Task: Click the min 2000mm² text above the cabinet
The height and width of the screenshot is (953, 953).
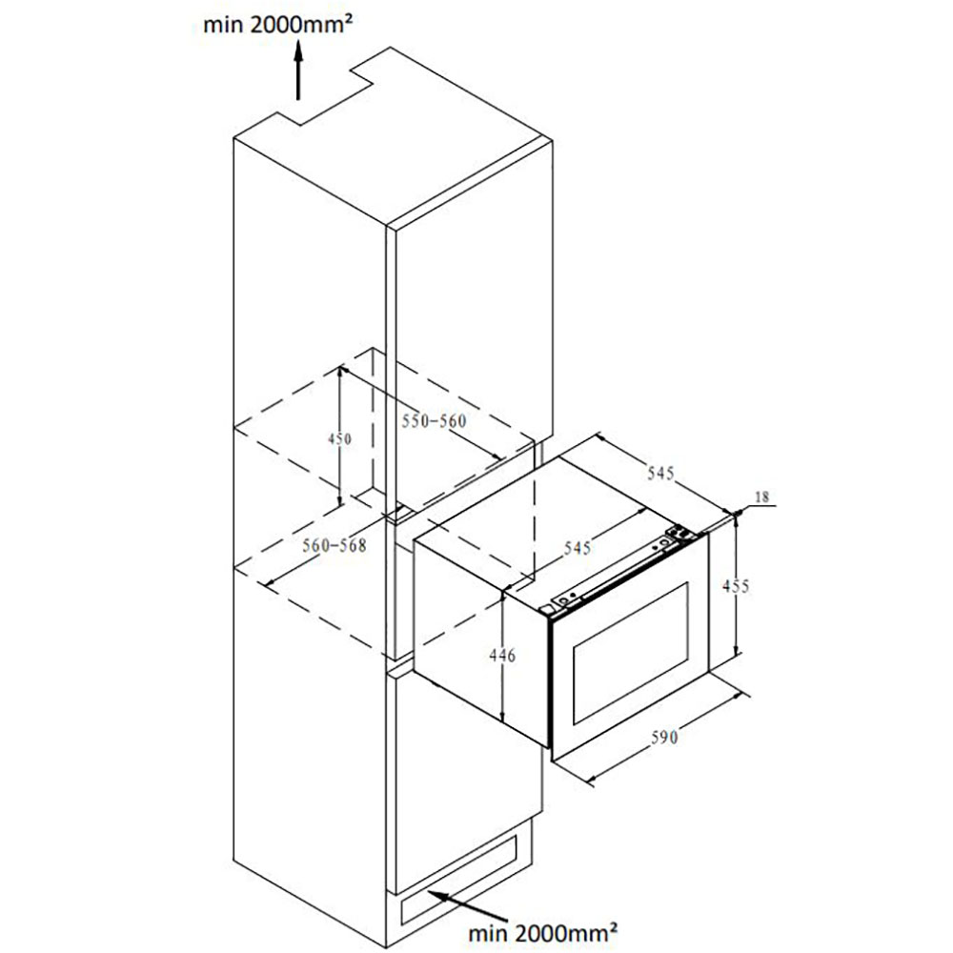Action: tap(277, 25)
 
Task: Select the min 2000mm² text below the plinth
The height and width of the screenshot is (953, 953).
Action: tap(543, 930)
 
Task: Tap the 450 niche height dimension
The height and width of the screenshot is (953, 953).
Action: tap(339, 438)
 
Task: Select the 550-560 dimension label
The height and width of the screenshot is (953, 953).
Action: tap(434, 420)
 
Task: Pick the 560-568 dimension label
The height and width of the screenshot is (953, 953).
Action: tap(335, 545)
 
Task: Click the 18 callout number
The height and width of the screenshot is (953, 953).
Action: tap(761, 497)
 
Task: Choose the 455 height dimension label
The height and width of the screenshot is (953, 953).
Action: tap(736, 586)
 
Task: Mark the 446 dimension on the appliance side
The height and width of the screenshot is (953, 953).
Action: tap(502, 656)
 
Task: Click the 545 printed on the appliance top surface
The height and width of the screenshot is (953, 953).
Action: tap(578, 548)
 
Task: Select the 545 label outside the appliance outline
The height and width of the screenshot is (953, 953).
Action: tap(660, 473)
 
